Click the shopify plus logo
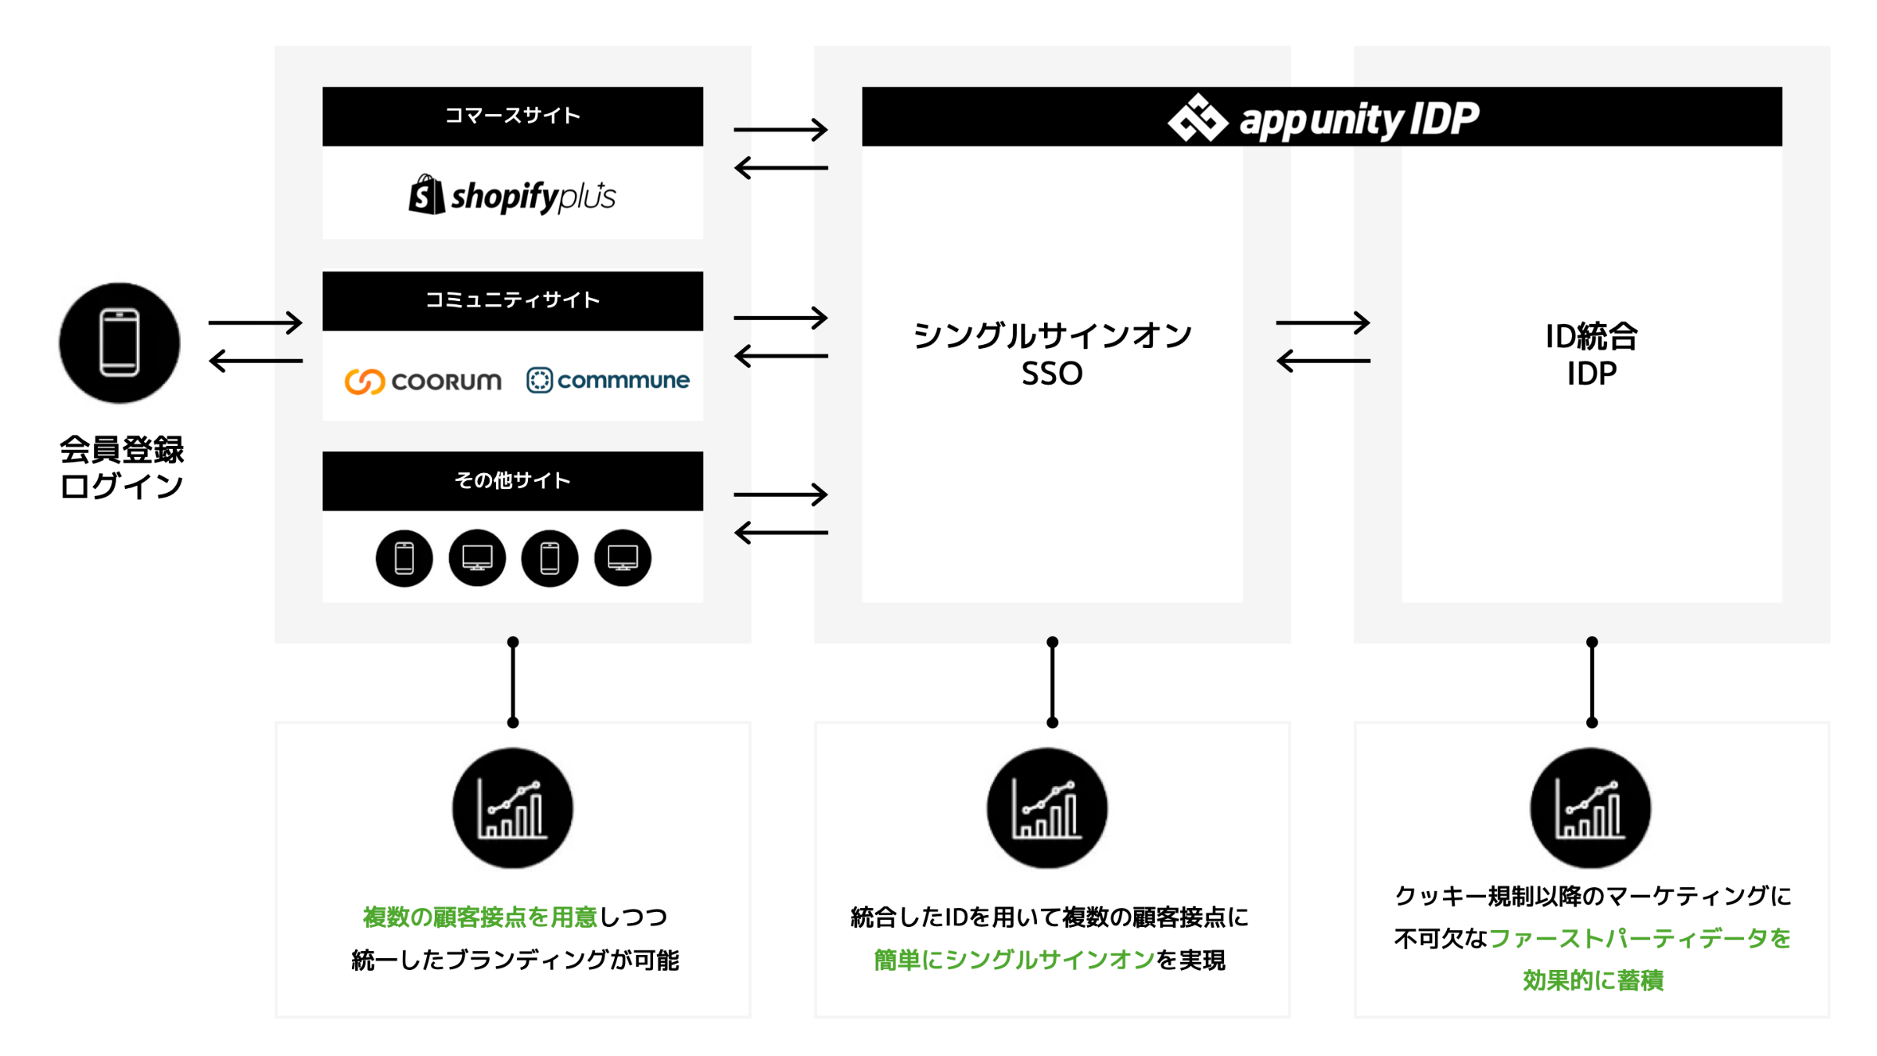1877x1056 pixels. click(x=512, y=196)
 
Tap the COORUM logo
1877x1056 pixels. click(x=423, y=381)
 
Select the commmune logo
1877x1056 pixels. click(x=608, y=380)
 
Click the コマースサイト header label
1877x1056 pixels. click(x=512, y=116)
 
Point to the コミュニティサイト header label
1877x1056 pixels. click(x=512, y=300)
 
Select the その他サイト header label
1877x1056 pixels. click(x=512, y=480)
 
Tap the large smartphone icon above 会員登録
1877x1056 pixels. click(x=120, y=343)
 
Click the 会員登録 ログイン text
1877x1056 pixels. click(x=121, y=468)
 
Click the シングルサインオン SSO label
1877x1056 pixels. click(x=1052, y=354)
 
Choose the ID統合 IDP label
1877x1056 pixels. click(x=1591, y=354)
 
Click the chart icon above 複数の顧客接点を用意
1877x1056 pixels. click(x=512, y=809)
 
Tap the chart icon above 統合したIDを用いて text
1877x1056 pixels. click(x=1046, y=809)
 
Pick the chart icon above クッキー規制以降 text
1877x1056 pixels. click(x=1590, y=809)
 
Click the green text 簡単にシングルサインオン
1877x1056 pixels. click(x=1014, y=960)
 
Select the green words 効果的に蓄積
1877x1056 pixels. click(x=1592, y=980)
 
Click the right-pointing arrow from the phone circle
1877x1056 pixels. click(x=255, y=322)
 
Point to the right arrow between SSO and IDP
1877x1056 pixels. click(x=1323, y=322)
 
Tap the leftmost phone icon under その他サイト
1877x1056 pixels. click(x=404, y=559)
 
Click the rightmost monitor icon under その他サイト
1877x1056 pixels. click(x=623, y=559)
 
